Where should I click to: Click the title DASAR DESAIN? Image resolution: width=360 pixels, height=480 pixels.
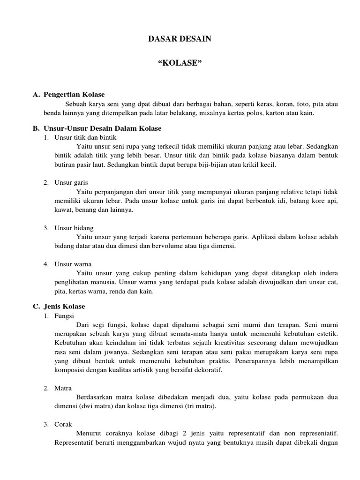point(180,39)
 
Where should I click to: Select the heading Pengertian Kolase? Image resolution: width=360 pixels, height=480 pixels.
point(74,95)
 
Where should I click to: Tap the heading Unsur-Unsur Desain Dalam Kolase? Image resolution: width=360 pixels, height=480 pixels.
point(102,128)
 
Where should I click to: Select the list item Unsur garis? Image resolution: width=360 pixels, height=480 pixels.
point(71,182)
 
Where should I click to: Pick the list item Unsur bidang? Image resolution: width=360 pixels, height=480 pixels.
point(74,228)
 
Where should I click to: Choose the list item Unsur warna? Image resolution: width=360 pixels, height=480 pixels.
point(73,264)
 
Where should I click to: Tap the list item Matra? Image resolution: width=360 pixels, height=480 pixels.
point(63,388)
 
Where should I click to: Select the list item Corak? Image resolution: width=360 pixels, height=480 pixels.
point(63,424)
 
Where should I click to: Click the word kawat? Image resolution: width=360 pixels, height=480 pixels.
point(63,210)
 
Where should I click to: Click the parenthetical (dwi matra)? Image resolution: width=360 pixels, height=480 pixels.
point(94,406)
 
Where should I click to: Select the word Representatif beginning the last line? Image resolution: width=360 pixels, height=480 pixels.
point(73,442)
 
